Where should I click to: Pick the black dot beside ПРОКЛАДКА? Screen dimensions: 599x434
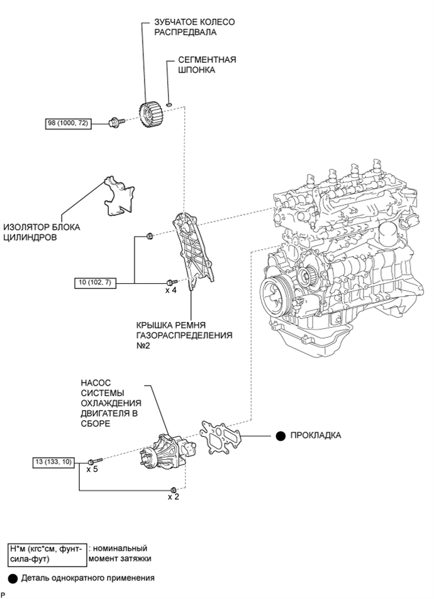click(279, 435)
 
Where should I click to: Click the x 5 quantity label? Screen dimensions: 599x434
click(92, 469)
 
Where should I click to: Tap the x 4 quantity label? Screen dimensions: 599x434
click(170, 291)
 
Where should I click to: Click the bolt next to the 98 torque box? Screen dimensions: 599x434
click(116, 121)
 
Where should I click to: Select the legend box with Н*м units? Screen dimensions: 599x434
click(45, 553)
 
